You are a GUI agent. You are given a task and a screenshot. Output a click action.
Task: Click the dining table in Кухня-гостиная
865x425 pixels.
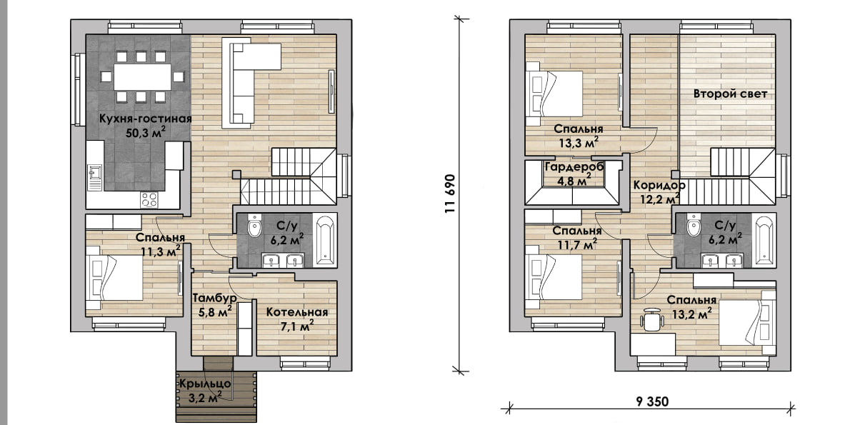coord(142,77)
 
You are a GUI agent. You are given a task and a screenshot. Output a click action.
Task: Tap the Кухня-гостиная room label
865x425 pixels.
coord(145,119)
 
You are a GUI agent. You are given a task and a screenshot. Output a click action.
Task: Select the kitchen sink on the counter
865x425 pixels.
coord(94,172)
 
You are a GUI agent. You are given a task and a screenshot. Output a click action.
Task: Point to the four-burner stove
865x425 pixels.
coord(149,200)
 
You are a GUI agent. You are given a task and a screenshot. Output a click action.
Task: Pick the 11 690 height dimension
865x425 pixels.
coord(450,194)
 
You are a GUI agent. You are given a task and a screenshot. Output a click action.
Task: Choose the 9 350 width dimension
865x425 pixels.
coord(652,402)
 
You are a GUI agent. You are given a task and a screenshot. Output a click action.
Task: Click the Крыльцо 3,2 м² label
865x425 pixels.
coord(205,390)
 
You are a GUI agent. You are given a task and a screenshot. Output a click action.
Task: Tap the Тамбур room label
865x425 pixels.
coord(215,298)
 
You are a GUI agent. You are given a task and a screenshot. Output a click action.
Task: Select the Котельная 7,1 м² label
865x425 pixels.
coord(297,319)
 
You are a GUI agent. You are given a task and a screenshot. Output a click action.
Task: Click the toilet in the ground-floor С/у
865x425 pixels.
coord(254,225)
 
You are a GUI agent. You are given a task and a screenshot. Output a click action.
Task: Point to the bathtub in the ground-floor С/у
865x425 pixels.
coord(325,240)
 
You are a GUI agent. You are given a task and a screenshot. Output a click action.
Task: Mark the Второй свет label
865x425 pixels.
coord(730,94)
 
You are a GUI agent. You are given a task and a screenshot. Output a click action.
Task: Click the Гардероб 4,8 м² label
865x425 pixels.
coord(574,174)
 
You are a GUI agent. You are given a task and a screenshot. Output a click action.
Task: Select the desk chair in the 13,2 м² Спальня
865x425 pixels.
coord(652,320)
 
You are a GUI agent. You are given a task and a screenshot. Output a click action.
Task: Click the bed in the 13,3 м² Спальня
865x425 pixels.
coord(554,94)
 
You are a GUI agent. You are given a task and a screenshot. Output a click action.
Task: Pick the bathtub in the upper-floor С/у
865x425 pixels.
coord(764,240)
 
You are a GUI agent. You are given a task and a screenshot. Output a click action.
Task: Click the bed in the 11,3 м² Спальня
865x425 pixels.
coord(114,278)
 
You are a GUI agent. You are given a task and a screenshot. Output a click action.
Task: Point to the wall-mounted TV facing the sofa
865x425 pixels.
coord(331,91)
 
